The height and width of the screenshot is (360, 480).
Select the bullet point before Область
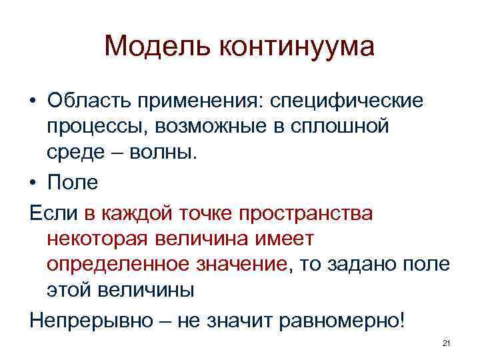click(32, 100)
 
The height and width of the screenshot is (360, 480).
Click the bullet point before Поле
click(32, 182)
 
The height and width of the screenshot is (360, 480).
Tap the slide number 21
click(447, 343)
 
